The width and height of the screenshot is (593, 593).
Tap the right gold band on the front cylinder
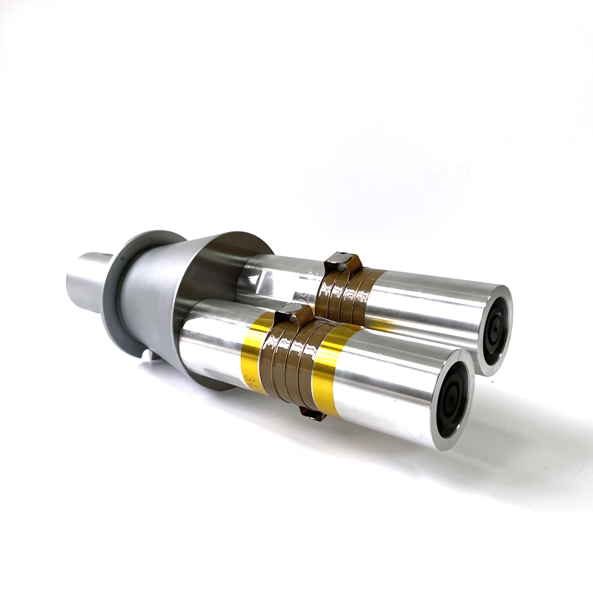pyautogui.click(x=327, y=371)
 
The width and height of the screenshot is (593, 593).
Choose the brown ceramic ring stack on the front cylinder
pyautogui.click(x=293, y=360)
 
